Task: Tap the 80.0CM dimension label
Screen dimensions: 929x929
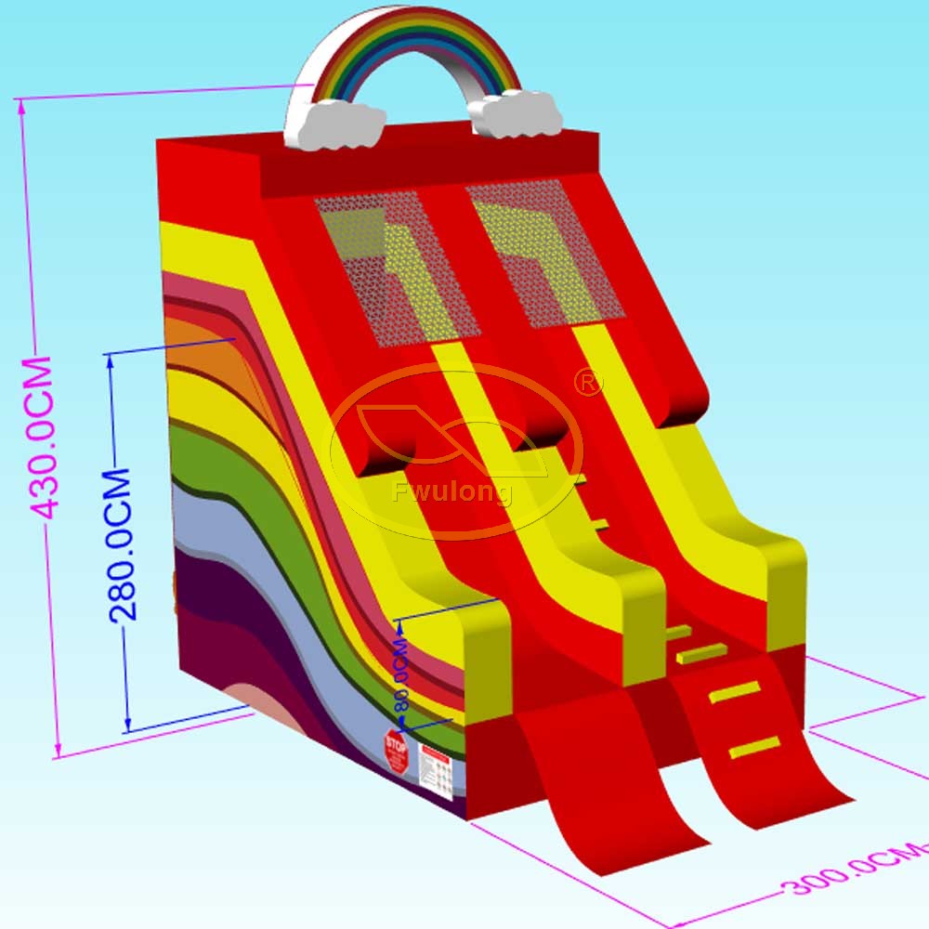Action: [x=401, y=674]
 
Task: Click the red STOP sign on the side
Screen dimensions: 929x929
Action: [x=396, y=750]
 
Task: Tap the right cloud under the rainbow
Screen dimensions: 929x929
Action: [x=517, y=114]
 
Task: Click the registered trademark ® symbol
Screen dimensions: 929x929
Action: [x=588, y=381]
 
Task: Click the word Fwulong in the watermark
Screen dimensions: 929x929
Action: [x=452, y=491]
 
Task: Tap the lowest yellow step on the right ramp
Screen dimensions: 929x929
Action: [x=753, y=747]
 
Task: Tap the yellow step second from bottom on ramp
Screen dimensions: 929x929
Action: [x=735, y=690]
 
